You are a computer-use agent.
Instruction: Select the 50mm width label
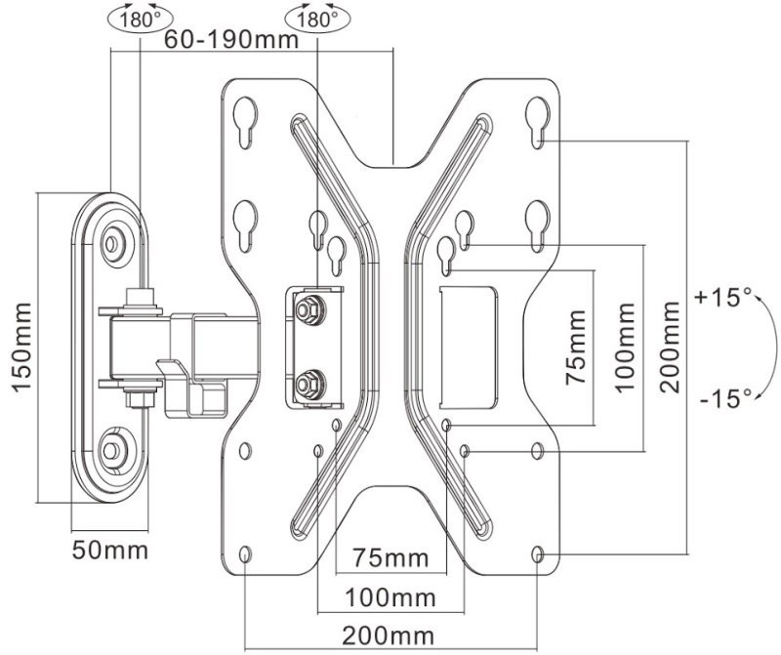click(109, 550)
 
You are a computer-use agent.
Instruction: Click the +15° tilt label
click(722, 296)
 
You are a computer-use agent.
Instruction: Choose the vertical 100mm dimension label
click(625, 347)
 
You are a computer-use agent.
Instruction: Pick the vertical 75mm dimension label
click(577, 347)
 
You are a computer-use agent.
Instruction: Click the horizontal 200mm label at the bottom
click(389, 635)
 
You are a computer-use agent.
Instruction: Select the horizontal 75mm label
click(389, 558)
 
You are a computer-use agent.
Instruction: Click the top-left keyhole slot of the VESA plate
click(243, 114)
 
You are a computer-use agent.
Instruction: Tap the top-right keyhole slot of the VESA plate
click(536, 114)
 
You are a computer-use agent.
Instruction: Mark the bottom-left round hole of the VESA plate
click(244, 554)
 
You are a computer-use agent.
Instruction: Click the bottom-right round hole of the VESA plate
click(538, 554)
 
